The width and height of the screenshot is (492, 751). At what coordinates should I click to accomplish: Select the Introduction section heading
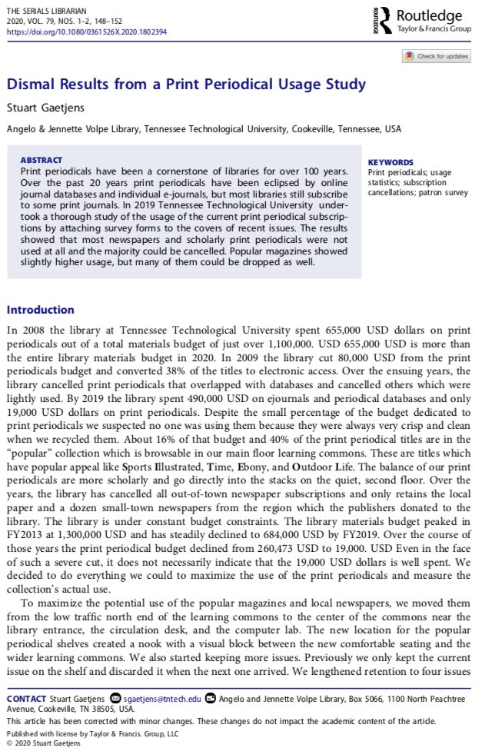pyautogui.click(x=40, y=310)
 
